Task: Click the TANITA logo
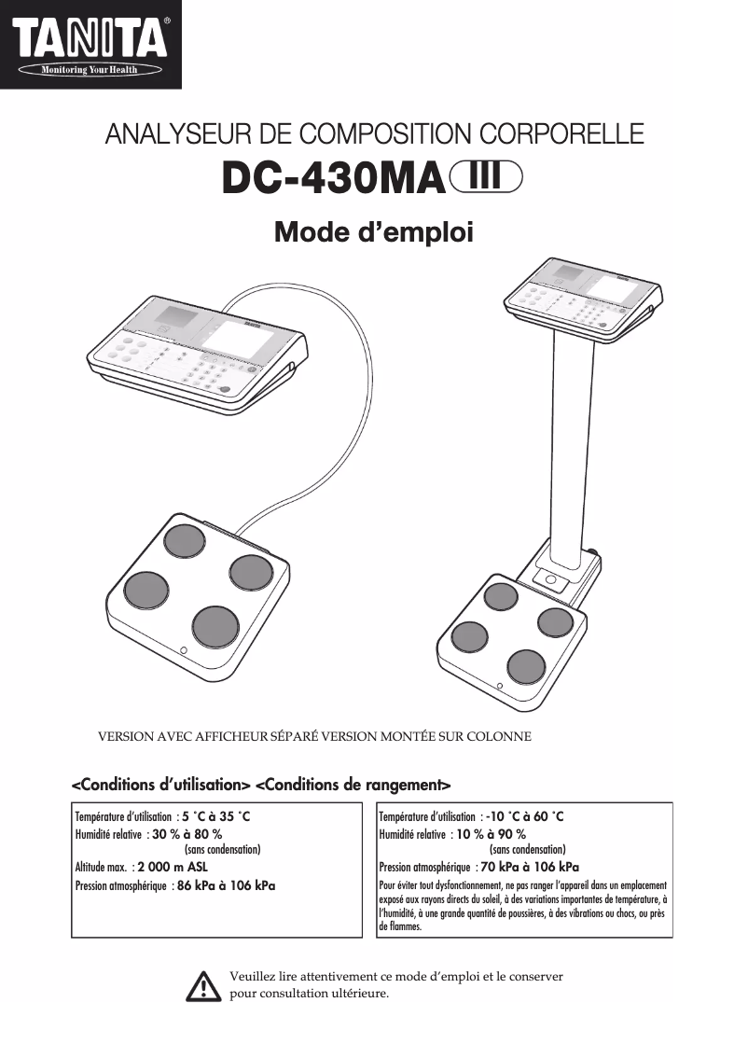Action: tap(90, 39)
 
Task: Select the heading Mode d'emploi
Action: tap(373, 231)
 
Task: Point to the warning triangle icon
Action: tap(202, 984)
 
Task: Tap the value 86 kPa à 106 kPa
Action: tap(226, 884)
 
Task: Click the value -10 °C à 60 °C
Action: tap(524, 816)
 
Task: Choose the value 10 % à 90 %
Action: tap(491, 833)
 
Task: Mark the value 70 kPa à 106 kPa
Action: tap(530, 867)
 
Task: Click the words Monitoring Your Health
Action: tap(90, 69)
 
